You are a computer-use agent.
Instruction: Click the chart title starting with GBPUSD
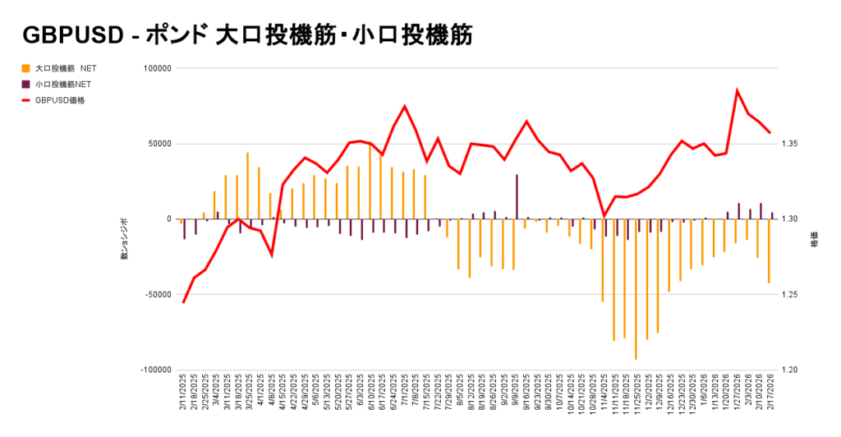[246, 34]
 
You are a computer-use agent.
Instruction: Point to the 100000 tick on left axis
[157, 68]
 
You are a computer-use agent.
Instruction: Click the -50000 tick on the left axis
[157, 294]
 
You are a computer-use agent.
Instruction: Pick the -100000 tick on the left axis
[156, 370]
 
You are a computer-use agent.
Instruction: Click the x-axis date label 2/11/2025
[182, 398]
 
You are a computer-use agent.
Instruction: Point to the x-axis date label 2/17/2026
[770, 398]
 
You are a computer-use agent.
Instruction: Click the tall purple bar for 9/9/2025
[517, 196]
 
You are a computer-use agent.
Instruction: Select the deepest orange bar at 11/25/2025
[636, 288]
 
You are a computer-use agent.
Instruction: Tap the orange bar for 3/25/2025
[247, 186]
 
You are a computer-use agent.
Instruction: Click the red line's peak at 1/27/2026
[737, 90]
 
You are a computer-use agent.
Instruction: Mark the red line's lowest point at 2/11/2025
[183, 302]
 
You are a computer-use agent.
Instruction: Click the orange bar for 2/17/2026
[769, 251]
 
